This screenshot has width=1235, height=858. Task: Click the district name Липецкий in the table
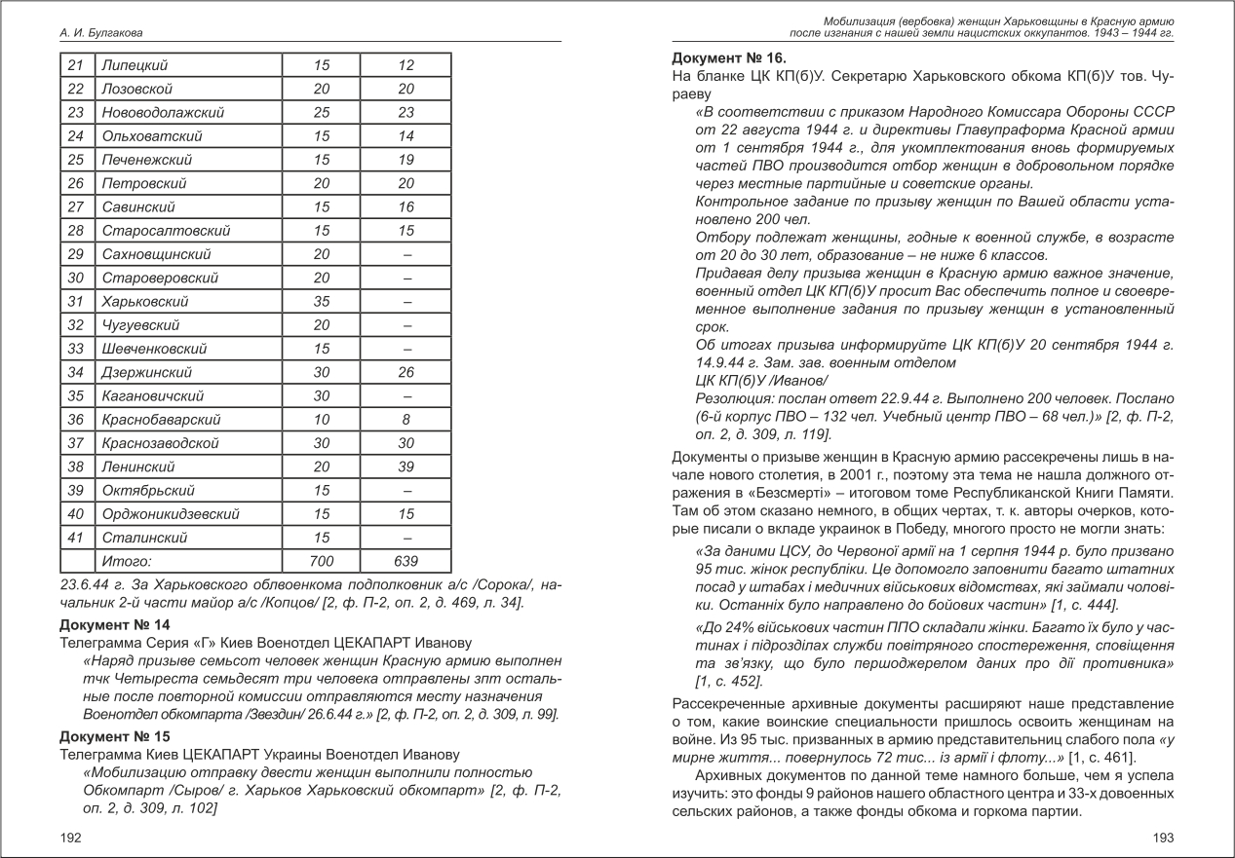135,65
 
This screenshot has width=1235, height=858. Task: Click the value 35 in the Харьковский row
321,302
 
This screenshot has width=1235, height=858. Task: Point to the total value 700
321,561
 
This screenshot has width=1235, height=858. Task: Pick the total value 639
405,561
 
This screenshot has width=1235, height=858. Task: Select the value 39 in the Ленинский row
405,466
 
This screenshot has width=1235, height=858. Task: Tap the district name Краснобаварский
161,420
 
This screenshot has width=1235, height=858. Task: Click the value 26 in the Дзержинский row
405,372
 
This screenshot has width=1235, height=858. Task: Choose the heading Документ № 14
115,624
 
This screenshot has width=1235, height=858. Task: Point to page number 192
70,838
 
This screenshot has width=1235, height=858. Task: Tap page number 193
1163,838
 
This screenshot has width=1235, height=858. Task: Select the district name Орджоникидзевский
171,513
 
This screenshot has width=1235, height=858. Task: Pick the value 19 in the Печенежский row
405,160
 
